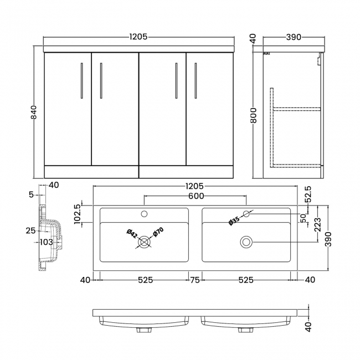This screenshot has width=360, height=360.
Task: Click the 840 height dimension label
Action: click(x=34, y=112)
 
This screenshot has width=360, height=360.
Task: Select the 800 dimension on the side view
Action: click(x=253, y=115)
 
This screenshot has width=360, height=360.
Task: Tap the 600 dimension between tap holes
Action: click(x=196, y=196)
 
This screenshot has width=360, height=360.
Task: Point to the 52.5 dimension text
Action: click(x=308, y=194)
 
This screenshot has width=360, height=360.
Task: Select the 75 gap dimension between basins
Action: click(x=196, y=280)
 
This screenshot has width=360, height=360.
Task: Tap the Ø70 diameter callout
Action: click(x=158, y=233)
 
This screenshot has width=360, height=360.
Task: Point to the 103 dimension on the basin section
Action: click(x=46, y=242)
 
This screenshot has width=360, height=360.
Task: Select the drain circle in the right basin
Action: click(x=246, y=241)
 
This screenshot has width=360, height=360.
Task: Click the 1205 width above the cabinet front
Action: click(x=138, y=37)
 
